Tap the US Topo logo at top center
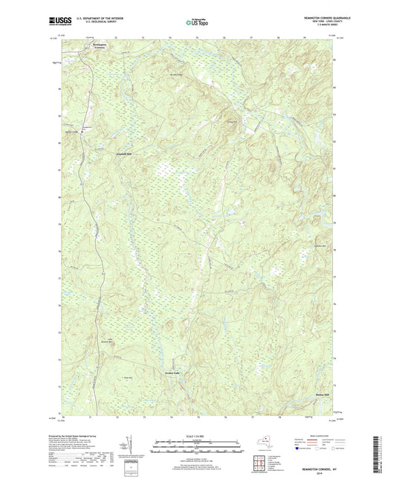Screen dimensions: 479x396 (x=197, y=23)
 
